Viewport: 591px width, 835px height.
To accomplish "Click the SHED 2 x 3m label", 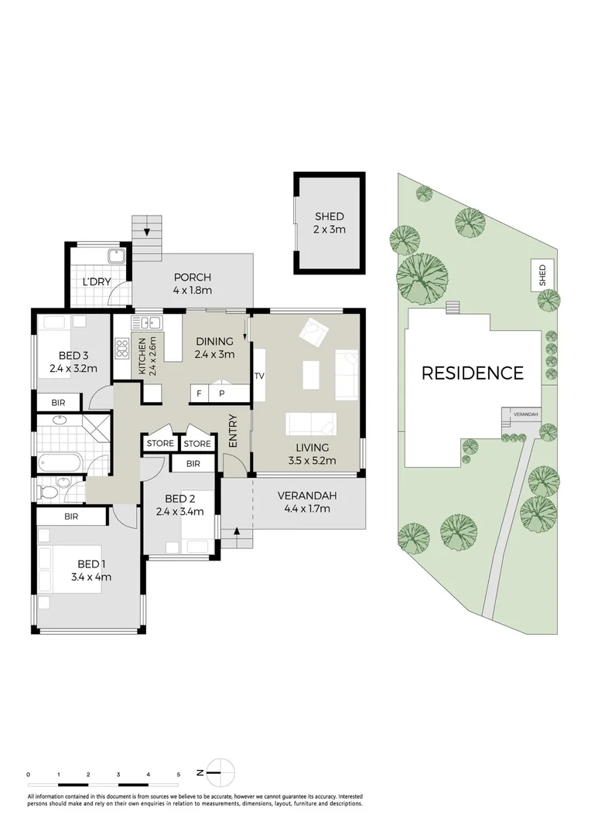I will [x=329, y=223].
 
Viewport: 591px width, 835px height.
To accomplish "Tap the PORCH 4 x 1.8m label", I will [x=193, y=284].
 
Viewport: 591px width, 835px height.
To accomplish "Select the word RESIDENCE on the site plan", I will [x=472, y=373].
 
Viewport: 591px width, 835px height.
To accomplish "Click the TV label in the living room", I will [x=259, y=377].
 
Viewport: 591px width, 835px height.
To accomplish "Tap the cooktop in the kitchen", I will [x=121, y=349].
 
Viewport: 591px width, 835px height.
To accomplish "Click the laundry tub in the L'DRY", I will [x=117, y=257].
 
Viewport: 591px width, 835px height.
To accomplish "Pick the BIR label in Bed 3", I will [x=58, y=403].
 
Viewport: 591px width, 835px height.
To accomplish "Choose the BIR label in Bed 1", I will [x=70, y=516].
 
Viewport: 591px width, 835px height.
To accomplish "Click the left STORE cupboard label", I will [x=160, y=444].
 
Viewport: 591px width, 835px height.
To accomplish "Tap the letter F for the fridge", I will [x=199, y=394].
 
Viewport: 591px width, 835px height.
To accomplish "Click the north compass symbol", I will [x=220, y=772].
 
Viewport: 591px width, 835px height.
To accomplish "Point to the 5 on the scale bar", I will [x=179, y=774].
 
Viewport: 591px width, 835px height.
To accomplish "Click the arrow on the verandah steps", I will [x=235, y=531].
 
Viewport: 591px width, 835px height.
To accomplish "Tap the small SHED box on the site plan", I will [x=541, y=275].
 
